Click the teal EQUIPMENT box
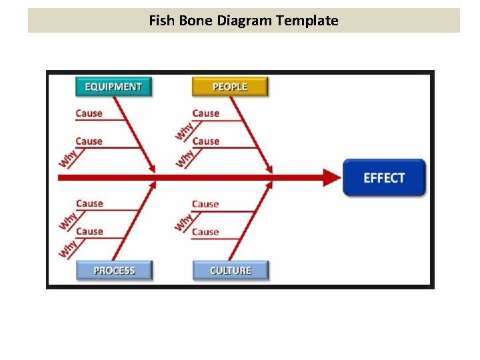pyautogui.click(x=113, y=87)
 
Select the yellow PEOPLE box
pyautogui.click(x=230, y=87)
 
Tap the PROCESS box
pyautogui.click(x=114, y=270)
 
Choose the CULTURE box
pyautogui.click(x=231, y=270)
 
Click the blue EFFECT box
pyautogui.click(x=384, y=177)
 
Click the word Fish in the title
pyautogui.click(x=161, y=21)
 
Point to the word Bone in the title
pyautogui.click(x=195, y=21)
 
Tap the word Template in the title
pyautogui.click(x=307, y=21)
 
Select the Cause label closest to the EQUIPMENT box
pyautogui.click(x=89, y=113)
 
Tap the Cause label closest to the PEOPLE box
pyautogui.click(x=205, y=113)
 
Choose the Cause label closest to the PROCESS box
pyautogui.click(x=89, y=231)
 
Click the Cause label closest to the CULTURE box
pyautogui.click(x=205, y=232)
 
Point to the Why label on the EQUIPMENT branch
pyautogui.click(x=67, y=158)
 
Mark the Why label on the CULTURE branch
pyautogui.click(x=183, y=221)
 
